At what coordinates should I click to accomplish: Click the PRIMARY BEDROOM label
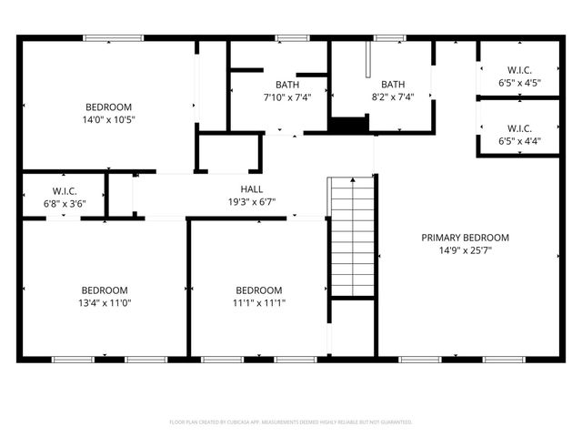point(465,238)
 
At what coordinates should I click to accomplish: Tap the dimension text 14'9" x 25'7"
point(465,250)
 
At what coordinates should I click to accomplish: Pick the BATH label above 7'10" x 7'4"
point(275,85)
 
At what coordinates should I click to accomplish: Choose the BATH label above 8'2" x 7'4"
point(393,85)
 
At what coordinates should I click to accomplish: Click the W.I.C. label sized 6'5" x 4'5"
point(519,70)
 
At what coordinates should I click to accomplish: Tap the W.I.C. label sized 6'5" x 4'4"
point(519,128)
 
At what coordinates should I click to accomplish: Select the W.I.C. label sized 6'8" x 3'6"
point(65,190)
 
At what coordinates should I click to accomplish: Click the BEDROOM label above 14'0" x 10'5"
point(108,107)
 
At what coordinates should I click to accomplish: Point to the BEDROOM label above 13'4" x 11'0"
point(105,290)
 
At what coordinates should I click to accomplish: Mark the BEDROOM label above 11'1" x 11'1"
point(259,290)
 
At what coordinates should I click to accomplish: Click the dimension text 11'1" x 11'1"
point(259,303)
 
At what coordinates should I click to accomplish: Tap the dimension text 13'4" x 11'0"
point(105,303)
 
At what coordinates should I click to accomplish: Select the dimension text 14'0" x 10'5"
point(108,119)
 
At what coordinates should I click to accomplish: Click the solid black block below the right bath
point(346,126)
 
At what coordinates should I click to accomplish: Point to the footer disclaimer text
point(291,422)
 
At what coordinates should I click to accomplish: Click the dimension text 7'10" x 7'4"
point(275,97)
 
